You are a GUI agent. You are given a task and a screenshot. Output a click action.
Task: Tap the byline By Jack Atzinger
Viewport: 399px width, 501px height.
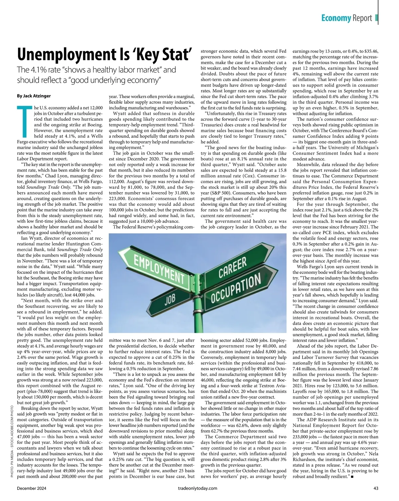[34, 96]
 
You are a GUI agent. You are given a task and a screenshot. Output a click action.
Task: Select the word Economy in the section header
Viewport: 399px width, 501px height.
[336, 18]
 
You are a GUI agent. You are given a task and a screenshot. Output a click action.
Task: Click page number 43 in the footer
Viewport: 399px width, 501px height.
[376, 488]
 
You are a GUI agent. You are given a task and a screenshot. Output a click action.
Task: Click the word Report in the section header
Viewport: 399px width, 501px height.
[362, 18]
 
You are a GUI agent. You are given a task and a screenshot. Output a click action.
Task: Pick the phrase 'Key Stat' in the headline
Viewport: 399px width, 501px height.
[160, 55]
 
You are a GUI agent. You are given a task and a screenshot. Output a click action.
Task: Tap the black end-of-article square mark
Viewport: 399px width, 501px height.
[352, 477]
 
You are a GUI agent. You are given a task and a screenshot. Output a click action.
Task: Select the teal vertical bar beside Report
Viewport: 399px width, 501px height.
[376, 18]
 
